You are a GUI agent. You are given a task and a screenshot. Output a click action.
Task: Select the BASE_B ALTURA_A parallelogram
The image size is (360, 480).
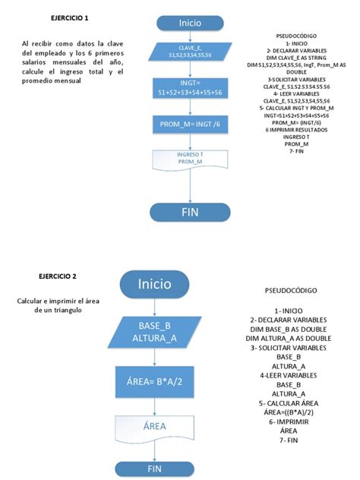point(154,332)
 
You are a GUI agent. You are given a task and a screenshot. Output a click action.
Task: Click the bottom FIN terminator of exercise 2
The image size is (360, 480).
point(154,469)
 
